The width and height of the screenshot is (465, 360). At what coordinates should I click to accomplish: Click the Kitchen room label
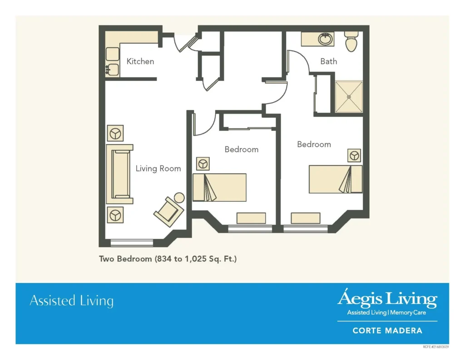140,61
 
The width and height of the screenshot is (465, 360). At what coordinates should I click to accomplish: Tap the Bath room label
328,61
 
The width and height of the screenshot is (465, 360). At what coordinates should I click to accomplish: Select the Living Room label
158,169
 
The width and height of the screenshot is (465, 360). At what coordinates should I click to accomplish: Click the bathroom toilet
351,42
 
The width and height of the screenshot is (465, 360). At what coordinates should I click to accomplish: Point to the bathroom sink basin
325,39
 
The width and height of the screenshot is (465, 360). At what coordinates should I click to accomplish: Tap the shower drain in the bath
349,96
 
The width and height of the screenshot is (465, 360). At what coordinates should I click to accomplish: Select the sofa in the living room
119,174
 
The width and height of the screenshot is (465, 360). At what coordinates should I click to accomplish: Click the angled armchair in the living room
168,211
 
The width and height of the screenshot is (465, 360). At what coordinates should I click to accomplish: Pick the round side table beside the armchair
179,198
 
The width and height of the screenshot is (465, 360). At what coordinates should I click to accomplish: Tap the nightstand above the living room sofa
115,133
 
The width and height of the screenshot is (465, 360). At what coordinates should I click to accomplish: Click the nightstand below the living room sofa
115,215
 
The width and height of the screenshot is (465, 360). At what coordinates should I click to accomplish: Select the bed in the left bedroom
219,187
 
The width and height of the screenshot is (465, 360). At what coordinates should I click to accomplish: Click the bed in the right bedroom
336,179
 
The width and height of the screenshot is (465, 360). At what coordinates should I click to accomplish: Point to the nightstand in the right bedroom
354,155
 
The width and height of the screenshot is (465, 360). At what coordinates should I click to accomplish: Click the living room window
132,242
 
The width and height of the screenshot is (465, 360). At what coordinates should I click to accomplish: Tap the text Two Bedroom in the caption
125,259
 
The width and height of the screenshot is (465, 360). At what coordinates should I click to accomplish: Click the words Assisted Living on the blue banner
71,301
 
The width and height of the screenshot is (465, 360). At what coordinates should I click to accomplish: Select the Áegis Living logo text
387,299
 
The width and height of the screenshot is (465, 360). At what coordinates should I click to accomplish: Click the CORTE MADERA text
387,330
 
